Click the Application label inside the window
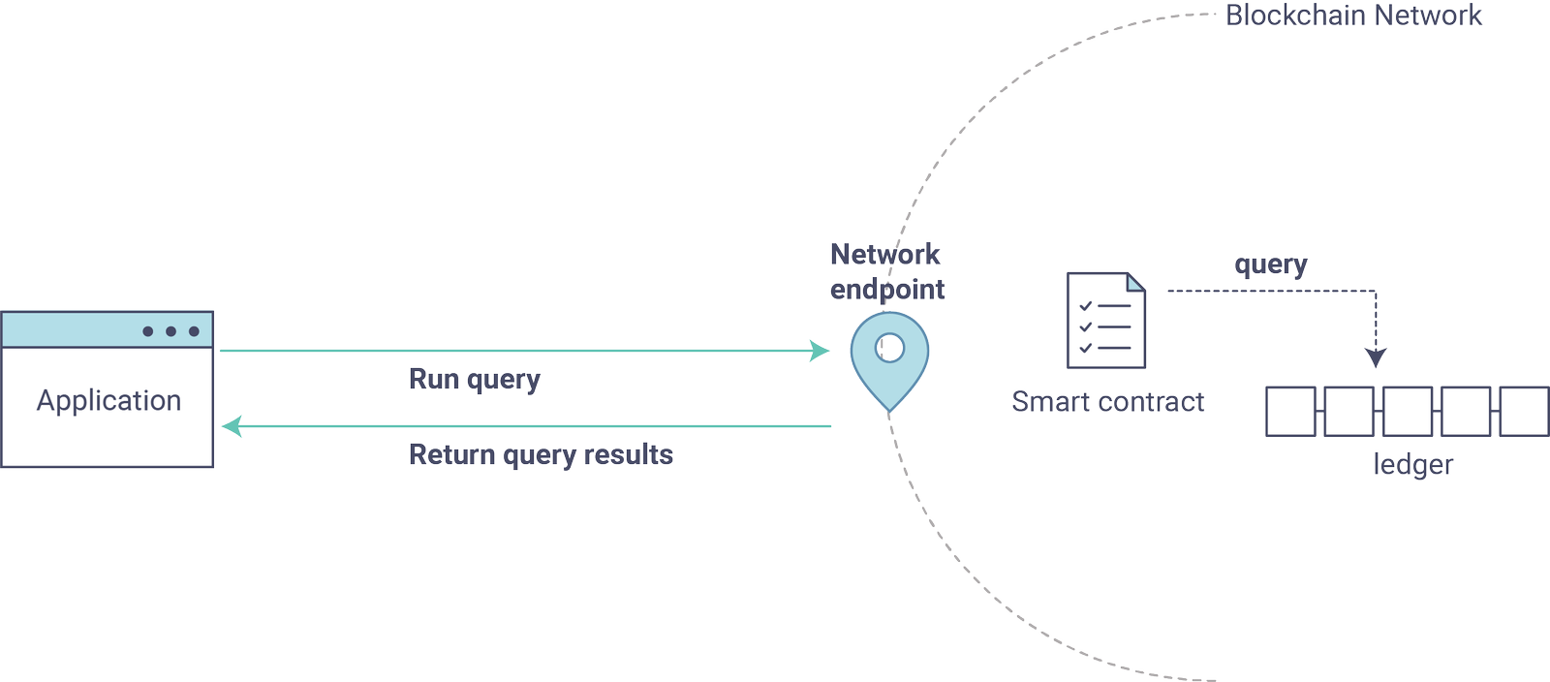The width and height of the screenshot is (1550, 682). pyautogui.click(x=108, y=400)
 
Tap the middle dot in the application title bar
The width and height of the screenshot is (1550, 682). pyautogui.click(x=170, y=331)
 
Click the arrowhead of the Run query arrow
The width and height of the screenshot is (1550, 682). pyautogui.click(x=821, y=351)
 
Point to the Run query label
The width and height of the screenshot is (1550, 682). pyautogui.click(x=474, y=379)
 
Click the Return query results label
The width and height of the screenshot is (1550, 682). pyautogui.click(x=541, y=454)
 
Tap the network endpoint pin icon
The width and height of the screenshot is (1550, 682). pyautogui.click(x=889, y=363)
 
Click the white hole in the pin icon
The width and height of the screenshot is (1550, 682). pyautogui.click(x=889, y=347)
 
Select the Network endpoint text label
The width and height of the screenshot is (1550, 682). pyautogui.click(x=886, y=271)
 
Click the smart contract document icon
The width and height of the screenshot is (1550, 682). pyautogui.click(x=1105, y=321)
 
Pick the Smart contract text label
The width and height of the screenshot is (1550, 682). pyautogui.click(x=1107, y=402)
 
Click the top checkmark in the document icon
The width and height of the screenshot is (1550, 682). pyautogui.click(x=1085, y=306)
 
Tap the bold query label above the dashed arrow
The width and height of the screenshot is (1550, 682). pyautogui.click(x=1270, y=264)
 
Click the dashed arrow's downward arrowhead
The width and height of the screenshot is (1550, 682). pyautogui.click(x=1376, y=357)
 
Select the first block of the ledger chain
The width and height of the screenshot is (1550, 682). pyautogui.click(x=1290, y=411)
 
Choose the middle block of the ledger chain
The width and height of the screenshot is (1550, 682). pyautogui.click(x=1408, y=411)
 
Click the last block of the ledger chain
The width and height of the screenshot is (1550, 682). pyautogui.click(x=1524, y=411)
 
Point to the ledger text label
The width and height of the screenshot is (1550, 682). pyautogui.click(x=1412, y=465)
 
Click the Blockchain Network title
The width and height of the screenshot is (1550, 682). pyautogui.click(x=1353, y=15)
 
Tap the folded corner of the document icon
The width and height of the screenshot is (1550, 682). pyautogui.click(x=1136, y=282)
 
